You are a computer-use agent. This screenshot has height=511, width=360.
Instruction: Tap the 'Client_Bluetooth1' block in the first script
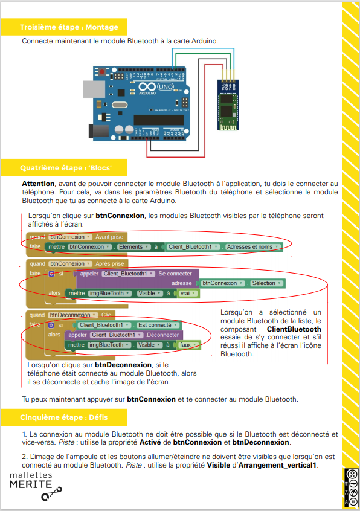coord(190,247)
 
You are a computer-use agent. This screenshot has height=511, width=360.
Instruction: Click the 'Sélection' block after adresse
coord(265,283)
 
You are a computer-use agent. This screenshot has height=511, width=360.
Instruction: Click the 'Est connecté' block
coord(155,325)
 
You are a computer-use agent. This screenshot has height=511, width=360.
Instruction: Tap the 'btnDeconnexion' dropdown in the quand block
coord(72,315)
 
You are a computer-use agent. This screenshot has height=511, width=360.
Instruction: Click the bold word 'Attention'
coord(38,183)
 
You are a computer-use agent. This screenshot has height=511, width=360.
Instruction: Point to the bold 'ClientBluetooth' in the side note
coord(294,329)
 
